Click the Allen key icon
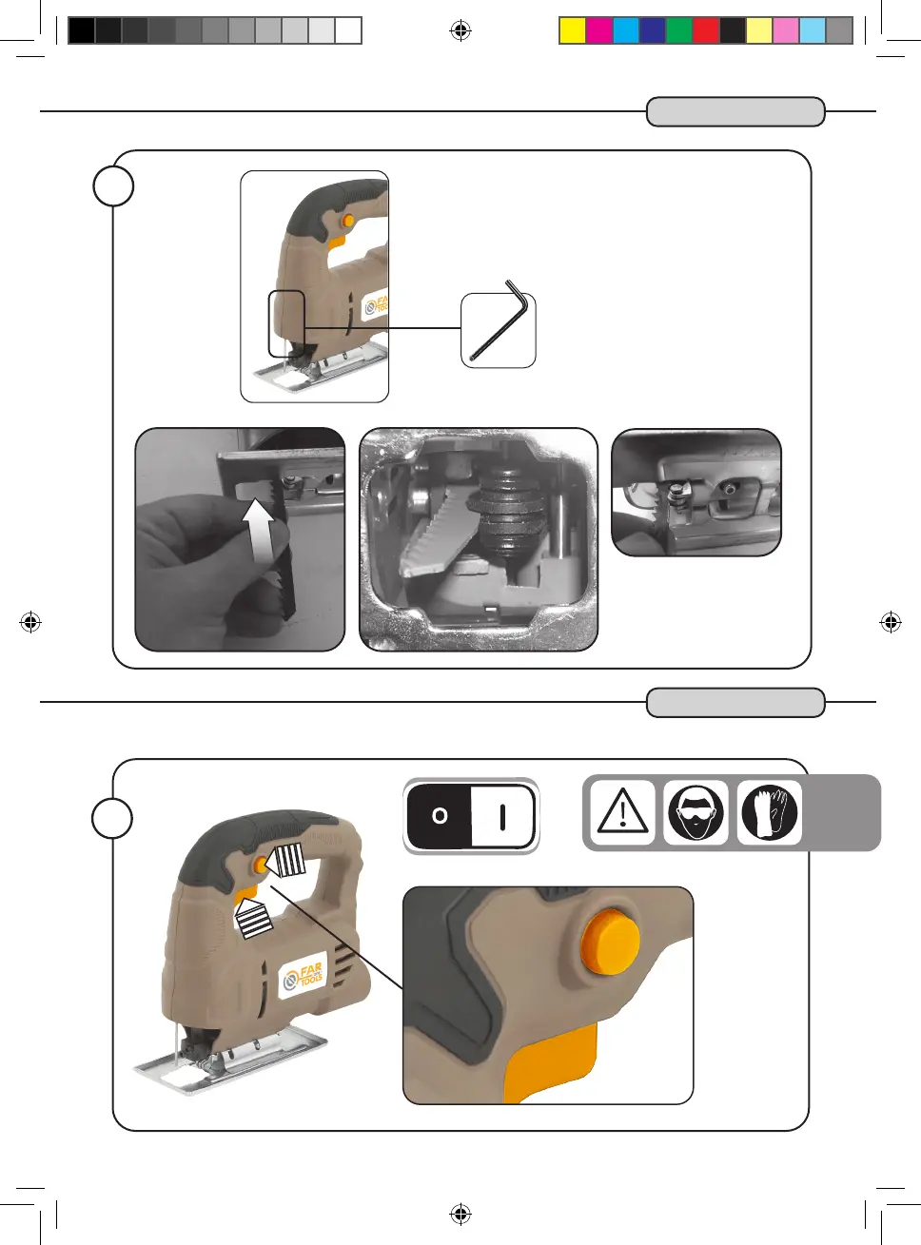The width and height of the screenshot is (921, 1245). pyautogui.click(x=498, y=328)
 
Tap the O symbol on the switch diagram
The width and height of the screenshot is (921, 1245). pyautogui.click(x=440, y=816)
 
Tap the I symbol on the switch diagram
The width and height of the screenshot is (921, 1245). pyautogui.click(x=502, y=816)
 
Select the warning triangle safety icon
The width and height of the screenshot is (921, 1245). pyautogui.click(x=622, y=813)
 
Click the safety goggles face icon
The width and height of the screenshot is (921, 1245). pyautogui.click(x=696, y=813)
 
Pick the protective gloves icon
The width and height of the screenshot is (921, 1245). pyautogui.click(x=769, y=813)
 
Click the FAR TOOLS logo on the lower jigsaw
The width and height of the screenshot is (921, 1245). pyautogui.click(x=304, y=977)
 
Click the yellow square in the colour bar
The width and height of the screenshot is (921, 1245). pyautogui.click(x=572, y=30)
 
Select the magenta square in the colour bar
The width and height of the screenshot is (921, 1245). pyautogui.click(x=598, y=30)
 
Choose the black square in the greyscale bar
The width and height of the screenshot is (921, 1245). pyautogui.click(x=82, y=30)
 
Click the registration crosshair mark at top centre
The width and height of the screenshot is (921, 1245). pyautogui.click(x=460, y=31)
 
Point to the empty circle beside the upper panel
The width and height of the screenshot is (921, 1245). pyautogui.click(x=113, y=186)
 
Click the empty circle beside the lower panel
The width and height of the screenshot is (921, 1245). pyautogui.click(x=113, y=818)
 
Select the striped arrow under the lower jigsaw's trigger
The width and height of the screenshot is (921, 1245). pyautogui.click(x=253, y=919)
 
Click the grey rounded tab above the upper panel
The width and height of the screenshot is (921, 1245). pyautogui.click(x=735, y=111)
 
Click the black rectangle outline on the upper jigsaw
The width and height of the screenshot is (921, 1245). pyautogui.click(x=286, y=324)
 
